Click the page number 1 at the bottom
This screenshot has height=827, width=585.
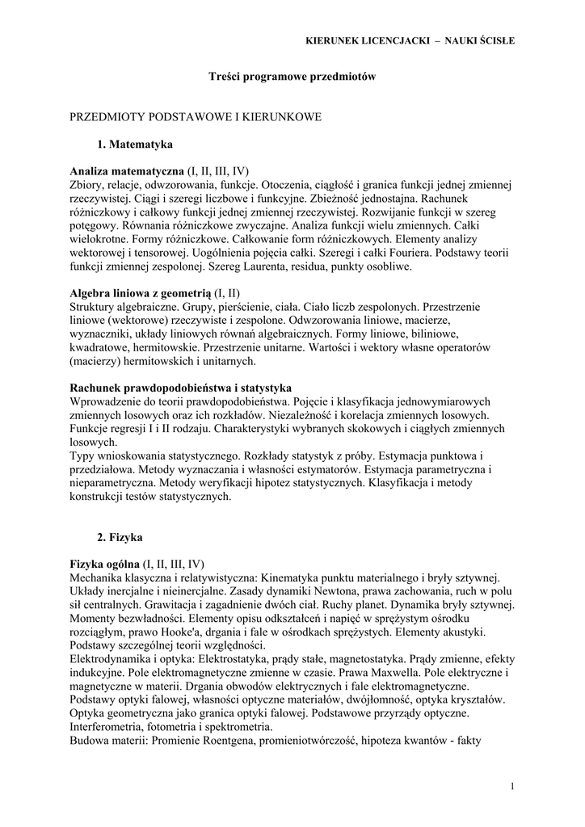click(x=512, y=786)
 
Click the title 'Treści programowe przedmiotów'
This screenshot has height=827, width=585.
click(x=292, y=76)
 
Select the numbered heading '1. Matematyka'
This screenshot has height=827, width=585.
click(x=136, y=144)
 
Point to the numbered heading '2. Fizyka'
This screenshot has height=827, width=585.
click(x=123, y=535)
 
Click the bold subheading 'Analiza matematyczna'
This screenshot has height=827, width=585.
click(x=127, y=171)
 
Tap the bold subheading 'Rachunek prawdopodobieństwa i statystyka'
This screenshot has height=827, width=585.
click(x=181, y=388)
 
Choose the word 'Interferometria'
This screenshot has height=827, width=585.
click(x=105, y=726)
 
